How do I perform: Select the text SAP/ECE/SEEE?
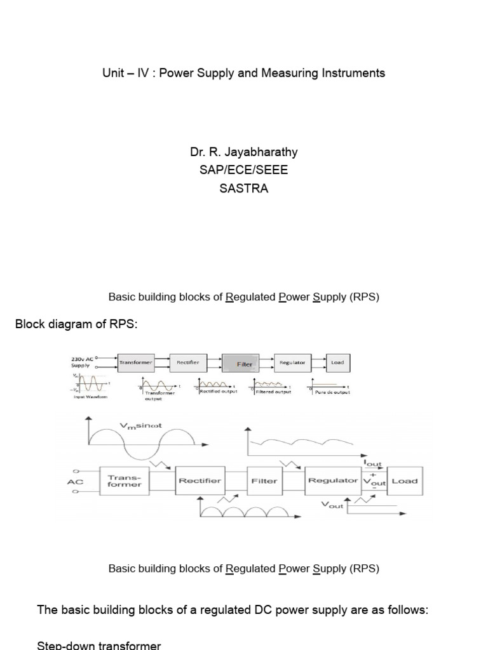pos(243,171)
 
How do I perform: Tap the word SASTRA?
pos(243,189)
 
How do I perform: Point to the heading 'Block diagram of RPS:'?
pos(76,325)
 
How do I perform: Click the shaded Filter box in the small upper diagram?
pos(245,364)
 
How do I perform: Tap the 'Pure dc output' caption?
pos(332,392)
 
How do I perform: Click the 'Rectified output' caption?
pos(218,392)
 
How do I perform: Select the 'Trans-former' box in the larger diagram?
pos(125,481)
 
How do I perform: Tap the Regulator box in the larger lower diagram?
pos(332,481)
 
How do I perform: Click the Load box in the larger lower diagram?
pos(404,481)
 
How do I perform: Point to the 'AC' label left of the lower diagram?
pos(76,482)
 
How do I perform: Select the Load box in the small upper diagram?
pos(337,362)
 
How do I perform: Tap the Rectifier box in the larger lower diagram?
pos(200,481)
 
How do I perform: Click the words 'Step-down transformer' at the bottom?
pos(99,645)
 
